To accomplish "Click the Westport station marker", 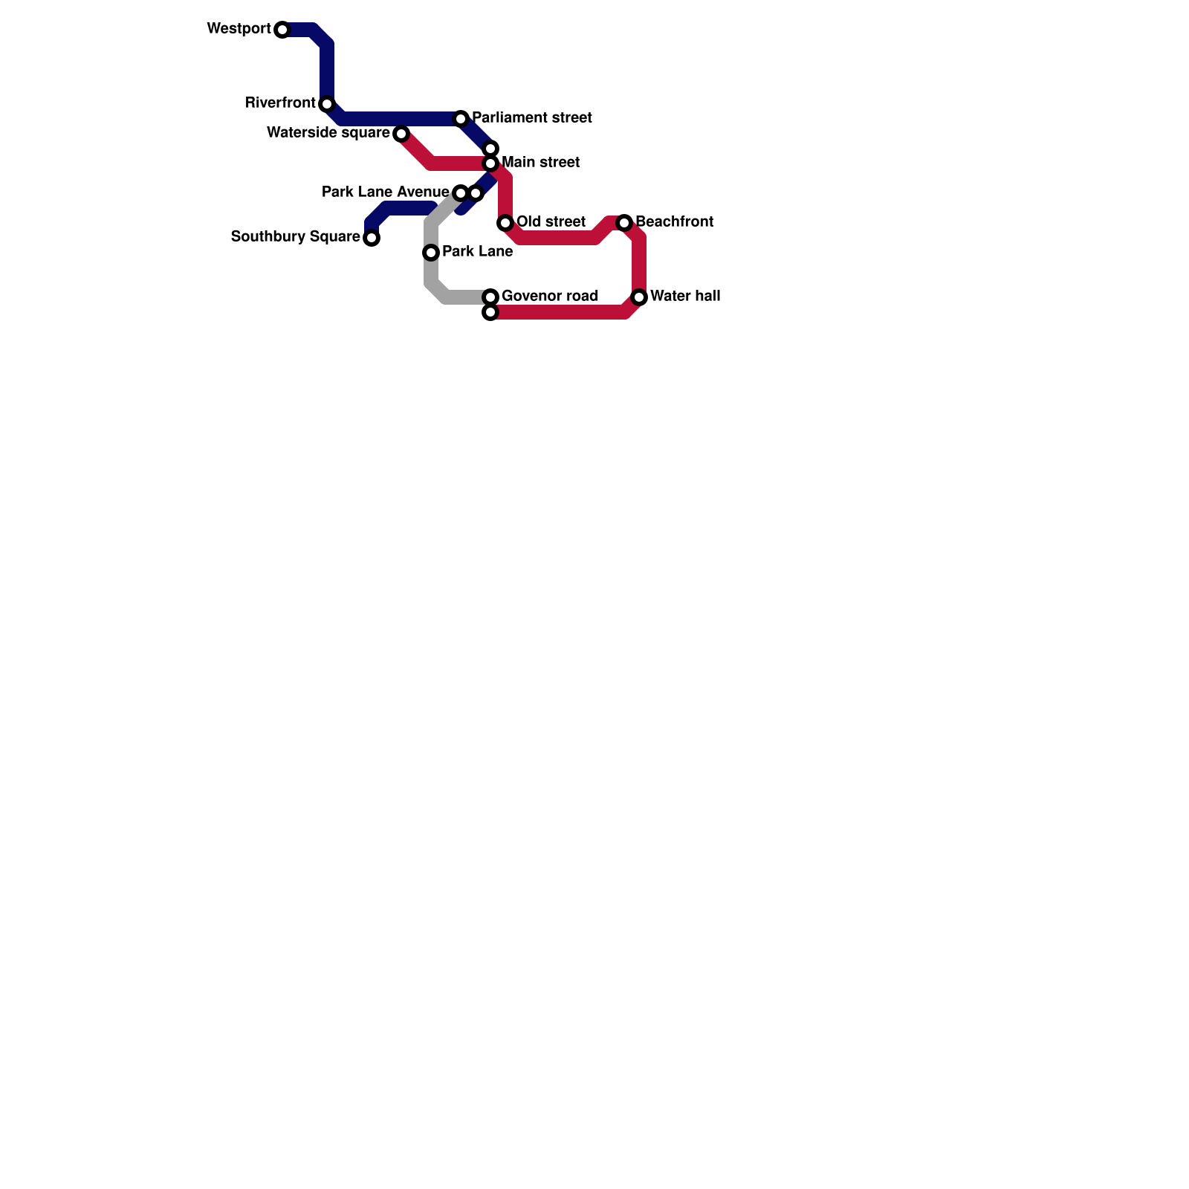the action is coord(282,30).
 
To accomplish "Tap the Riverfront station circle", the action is coord(327,104).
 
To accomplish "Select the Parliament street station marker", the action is coord(461,119).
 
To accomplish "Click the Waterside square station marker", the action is coord(401,134).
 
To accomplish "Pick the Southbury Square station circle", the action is coord(372,238).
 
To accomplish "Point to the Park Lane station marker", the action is coord(431,253).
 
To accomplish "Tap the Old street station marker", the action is coord(505,223).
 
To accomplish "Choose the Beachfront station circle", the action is coord(624,223).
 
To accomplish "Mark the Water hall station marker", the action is coord(639,297).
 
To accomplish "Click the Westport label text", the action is coord(239,29).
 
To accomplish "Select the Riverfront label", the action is coord(280,103).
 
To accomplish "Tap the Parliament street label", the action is coord(532,118).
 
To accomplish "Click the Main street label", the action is coord(540,163).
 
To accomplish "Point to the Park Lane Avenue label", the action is coord(385,192).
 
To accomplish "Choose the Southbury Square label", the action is coord(295,237).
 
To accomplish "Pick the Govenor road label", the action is coord(550,297).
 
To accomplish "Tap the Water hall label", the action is coord(685,297).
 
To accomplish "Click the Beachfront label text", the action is coord(674,222).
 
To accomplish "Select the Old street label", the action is coord(551,222).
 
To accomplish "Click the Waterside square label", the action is coord(328,133).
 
